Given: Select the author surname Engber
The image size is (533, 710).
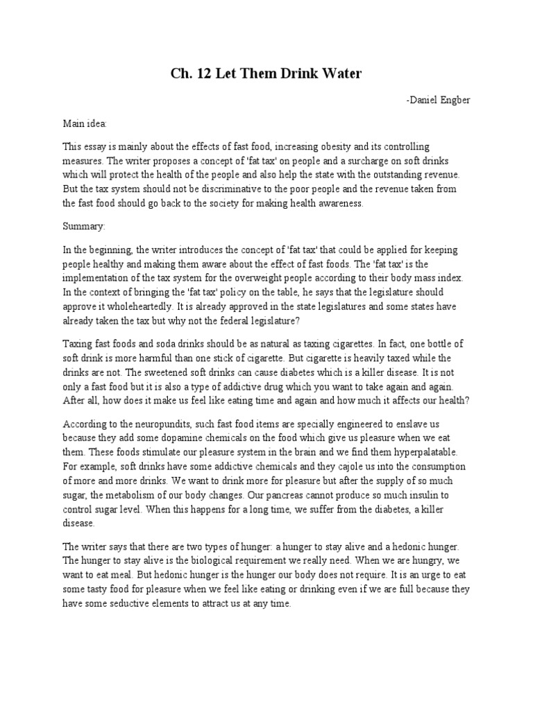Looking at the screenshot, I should [x=454, y=101].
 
